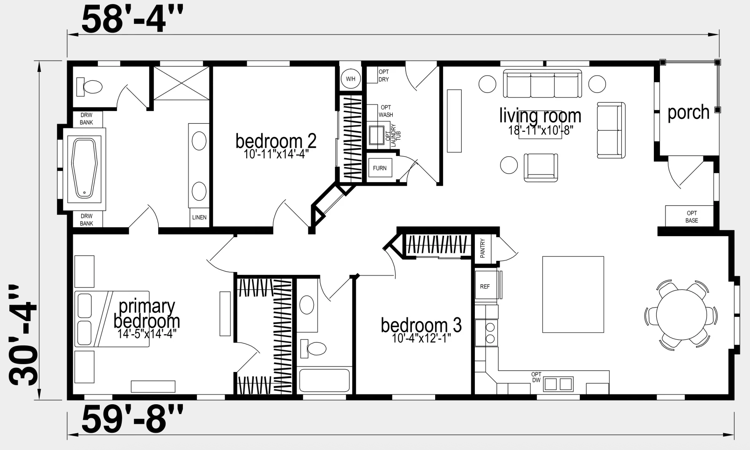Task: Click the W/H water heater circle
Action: (x=351, y=79)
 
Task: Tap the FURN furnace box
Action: (x=380, y=168)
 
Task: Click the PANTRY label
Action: (x=482, y=248)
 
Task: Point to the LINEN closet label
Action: (x=199, y=218)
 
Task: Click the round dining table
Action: (x=681, y=315)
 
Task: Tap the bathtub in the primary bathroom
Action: (x=84, y=169)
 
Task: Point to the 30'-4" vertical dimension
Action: (x=23, y=335)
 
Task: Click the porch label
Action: (x=688, y=112)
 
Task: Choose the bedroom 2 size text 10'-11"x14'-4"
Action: (x=276, y=154)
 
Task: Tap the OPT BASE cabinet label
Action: (x=692, y=217)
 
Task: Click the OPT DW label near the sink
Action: (x=536, y=377)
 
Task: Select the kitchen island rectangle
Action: (x=573, y=295)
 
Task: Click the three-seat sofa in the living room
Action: (x=542, y=84)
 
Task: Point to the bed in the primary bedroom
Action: (x=112, y=319)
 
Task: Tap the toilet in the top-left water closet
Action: (x=89, y=86)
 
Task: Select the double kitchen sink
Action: (x=558, y=384)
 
